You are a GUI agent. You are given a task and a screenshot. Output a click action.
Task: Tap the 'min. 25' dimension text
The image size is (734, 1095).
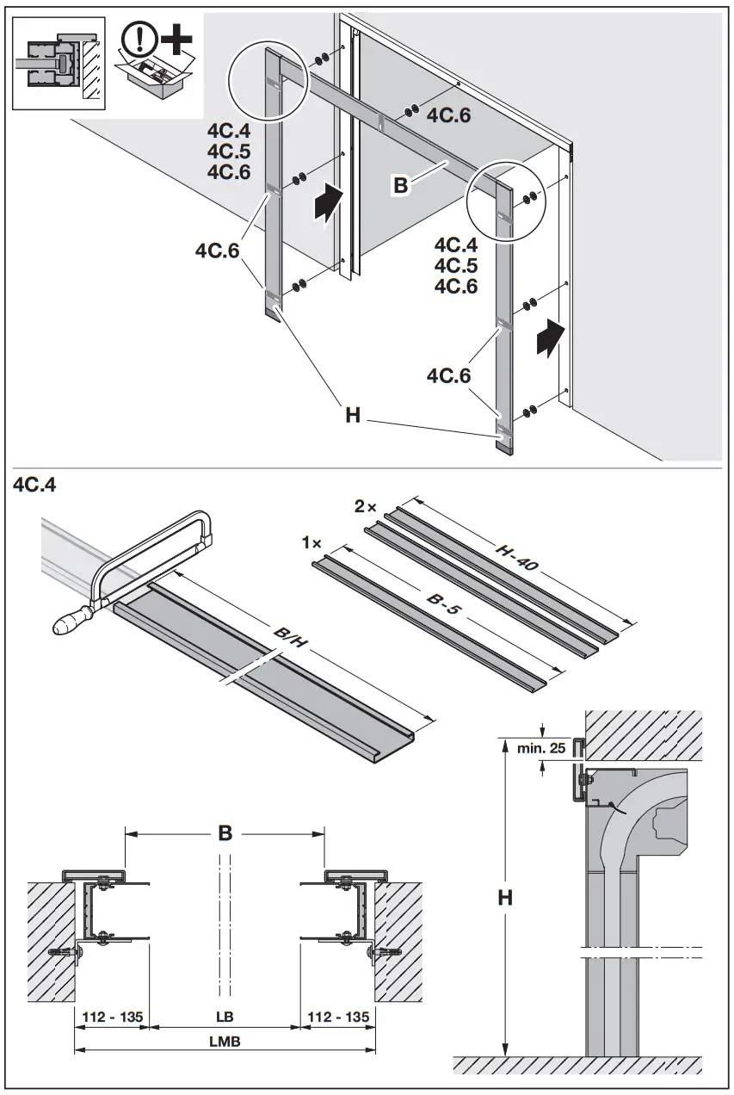[541, 748]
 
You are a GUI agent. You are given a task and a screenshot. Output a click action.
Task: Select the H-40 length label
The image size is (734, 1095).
[516, 558]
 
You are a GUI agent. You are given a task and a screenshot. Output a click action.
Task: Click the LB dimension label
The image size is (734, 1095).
[225, 1017]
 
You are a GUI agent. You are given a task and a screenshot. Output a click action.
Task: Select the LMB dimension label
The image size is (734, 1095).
[224, 1041]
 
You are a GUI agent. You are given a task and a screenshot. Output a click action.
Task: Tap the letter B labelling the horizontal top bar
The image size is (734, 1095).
[399, 185]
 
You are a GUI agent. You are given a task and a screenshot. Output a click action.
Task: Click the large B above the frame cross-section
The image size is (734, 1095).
[225, 833]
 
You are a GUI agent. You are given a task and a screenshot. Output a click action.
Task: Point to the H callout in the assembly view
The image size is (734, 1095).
[352, 415]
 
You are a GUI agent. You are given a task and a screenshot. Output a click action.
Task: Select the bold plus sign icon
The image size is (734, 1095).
[176, 38]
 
